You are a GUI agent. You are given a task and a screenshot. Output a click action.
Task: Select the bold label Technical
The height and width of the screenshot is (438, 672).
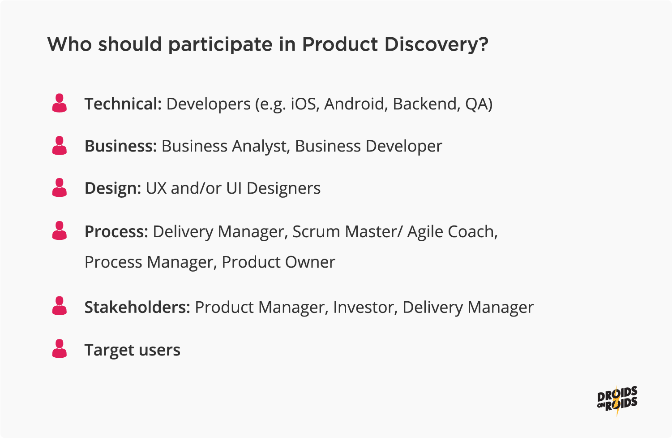point(123,104)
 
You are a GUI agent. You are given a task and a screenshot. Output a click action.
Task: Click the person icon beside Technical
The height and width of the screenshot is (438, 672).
point(60,103)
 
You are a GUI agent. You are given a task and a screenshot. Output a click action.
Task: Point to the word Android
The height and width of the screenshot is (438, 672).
point(354,104)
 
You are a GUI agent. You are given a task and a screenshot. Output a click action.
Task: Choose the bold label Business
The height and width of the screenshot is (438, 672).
point(121,146)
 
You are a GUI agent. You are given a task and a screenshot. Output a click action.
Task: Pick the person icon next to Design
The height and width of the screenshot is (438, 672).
point(60,187)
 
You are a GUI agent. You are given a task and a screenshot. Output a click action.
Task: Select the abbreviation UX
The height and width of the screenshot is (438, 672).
point(156,188)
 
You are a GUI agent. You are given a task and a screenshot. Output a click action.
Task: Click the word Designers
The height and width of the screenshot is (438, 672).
point(283,188)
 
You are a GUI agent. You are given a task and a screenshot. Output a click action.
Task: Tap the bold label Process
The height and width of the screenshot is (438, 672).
point(116,232)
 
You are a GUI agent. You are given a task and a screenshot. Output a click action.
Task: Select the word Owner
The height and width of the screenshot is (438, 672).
point(310,262)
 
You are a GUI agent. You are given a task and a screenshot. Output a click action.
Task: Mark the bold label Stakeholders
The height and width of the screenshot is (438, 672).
point(137,307)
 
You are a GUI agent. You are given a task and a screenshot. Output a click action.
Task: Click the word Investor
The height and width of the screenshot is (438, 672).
point(365,308)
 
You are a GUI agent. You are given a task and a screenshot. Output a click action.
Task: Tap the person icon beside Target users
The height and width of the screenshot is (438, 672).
point(60,348)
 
